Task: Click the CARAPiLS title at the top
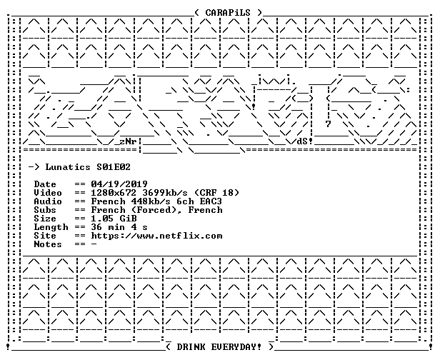[x=228, y=13]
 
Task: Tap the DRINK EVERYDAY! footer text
[x=219, y=347]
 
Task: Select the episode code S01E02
[x=114, y=167]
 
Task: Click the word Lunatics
[x=68, y=167]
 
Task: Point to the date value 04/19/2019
[x=119, y=184]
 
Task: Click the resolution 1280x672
[x=114, y=193]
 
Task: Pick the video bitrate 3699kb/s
[x=165, y=193]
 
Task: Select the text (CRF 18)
[x=216, y=193]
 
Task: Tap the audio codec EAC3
[x=211, y=201]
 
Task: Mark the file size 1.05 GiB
[x=114, y=219]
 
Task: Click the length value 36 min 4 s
[x=119, y=227]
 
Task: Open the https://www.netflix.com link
[x=156, y=236]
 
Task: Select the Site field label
[x=45, y=236]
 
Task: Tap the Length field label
[x=51, y=227]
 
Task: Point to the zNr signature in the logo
[x=128, y=141]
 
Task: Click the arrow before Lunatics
[x=34, y=167]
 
